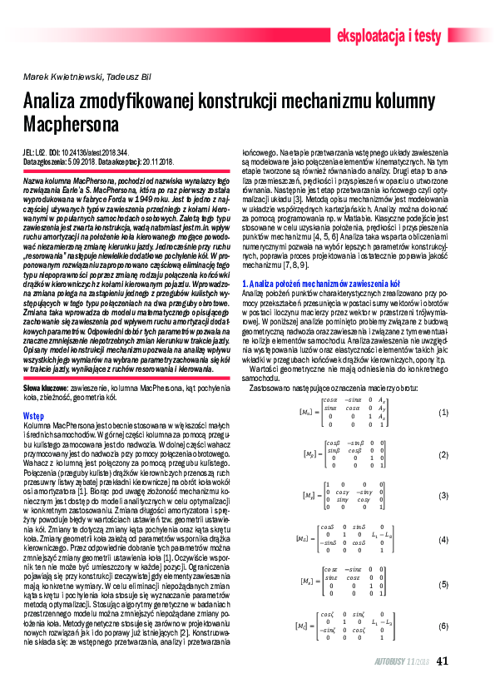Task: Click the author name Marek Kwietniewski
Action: click(57, 77)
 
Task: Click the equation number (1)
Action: click(443, 413)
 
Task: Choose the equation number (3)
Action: click(443, 495)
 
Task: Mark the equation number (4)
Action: click(443, 539)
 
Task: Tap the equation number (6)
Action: click(443, 625)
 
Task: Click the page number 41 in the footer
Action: click(443, 661)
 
